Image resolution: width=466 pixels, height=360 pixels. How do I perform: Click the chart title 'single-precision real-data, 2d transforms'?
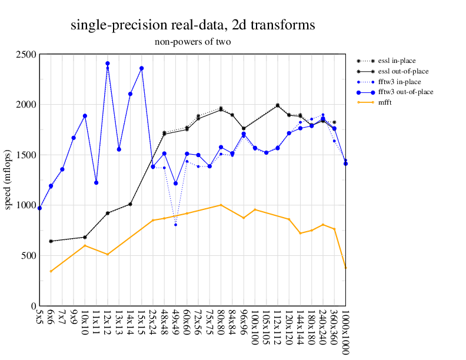pos(192,25)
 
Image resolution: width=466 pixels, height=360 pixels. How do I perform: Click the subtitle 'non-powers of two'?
pos(192,42)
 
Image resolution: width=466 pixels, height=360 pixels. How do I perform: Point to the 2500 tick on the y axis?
pos(25,55)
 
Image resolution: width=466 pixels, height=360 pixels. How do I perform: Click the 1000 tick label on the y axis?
pos(25,205)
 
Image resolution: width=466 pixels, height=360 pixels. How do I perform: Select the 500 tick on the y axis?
pos(28,256)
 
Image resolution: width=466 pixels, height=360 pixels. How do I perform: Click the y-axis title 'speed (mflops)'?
pos(8,180)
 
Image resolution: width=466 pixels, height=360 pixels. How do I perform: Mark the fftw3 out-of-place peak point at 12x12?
pos(108,64)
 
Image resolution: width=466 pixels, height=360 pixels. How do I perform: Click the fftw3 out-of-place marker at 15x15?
pos(142,68)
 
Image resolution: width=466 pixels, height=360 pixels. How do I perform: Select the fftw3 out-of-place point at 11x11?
pos(96,183)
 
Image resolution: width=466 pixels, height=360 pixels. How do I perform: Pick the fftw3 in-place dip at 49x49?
pos(175,225)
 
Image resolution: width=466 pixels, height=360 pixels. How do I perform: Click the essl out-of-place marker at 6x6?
pos(51,241)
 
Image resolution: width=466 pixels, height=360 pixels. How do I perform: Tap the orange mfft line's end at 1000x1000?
pos(345,268)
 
